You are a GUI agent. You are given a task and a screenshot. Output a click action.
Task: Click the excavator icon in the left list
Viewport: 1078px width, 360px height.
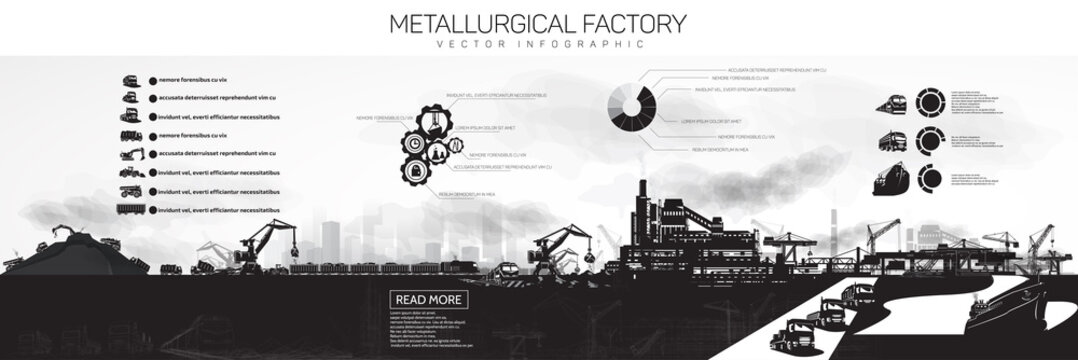pyautogui.click(x=132, y=154)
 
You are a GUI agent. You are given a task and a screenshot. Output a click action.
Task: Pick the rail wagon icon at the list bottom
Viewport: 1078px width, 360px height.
pyautogui.click(x=132, y=209)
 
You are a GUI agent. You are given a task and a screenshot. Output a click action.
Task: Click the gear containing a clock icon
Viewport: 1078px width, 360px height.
pyautogui.click(x=413, y=144)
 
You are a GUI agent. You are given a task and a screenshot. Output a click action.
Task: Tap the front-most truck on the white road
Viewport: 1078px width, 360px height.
pyautogui.click(x=800, y=334)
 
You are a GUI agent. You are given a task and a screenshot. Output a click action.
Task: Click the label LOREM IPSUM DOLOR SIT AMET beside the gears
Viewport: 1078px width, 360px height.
pyautogui.click(x=484, y=128)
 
